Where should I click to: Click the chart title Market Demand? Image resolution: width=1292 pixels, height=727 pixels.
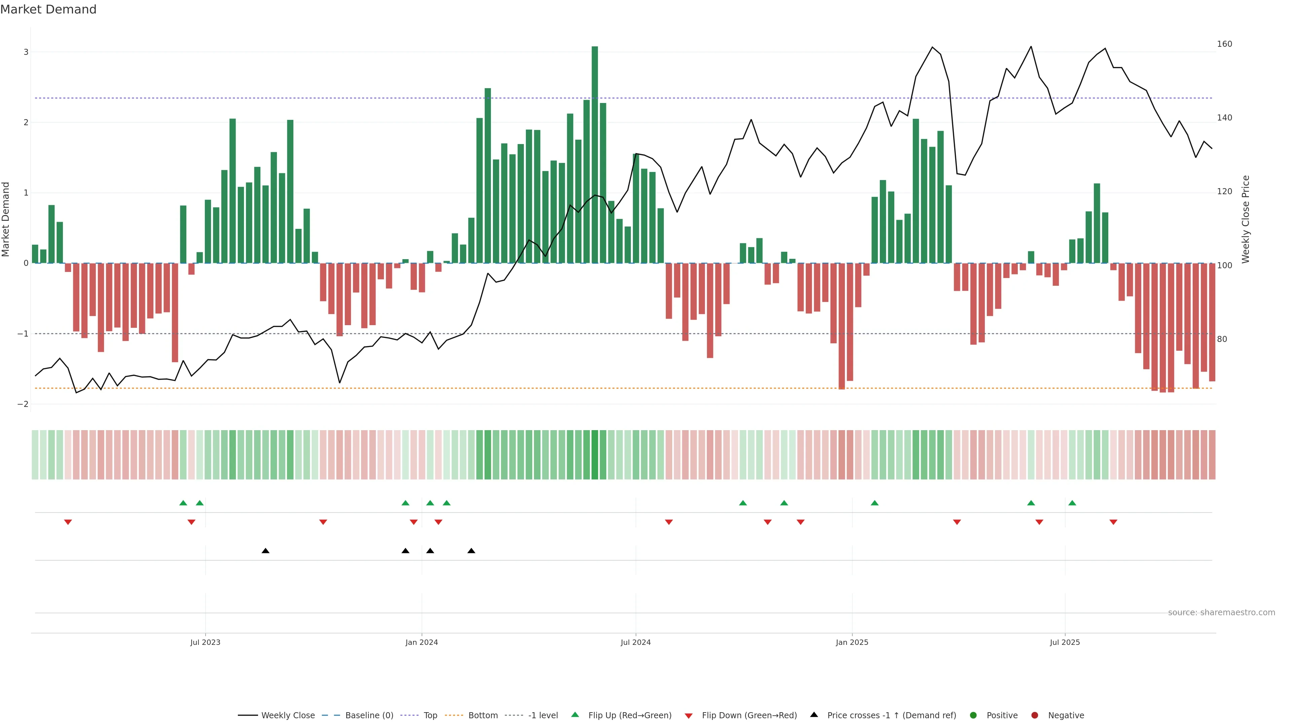(x=48, y=9)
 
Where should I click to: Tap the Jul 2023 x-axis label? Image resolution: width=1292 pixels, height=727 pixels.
(x=205, y=642)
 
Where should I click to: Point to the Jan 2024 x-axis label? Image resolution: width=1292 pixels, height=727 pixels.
(x=421, y=642)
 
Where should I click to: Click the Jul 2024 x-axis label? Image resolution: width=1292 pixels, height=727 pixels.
(x=636, y=642)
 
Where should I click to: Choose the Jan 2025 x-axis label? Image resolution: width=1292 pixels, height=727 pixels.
(x=852, y=642)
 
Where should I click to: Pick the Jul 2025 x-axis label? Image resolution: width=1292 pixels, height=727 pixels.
(x=1065, y=642)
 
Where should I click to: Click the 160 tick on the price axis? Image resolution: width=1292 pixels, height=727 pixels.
(x=1224, y=44)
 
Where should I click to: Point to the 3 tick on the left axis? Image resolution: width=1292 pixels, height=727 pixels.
(x=26, y=52)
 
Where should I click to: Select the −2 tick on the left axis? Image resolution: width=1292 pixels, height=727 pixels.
(x=23, y=404)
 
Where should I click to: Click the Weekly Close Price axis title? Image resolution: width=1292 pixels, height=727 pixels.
(x=1246, y=219)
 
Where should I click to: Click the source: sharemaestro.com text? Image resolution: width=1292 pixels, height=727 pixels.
(x=1221, y=613)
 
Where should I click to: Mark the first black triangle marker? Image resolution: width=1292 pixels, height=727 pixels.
(x=265, y=551)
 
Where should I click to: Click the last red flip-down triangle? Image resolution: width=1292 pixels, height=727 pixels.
(x=1113, y=522)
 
